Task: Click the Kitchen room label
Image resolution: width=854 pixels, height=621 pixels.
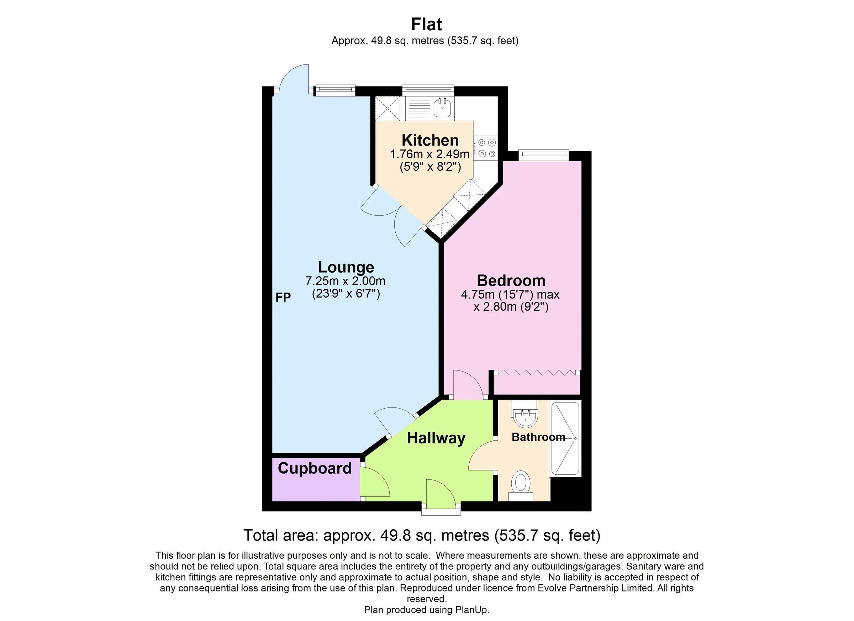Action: (x=430, y=140)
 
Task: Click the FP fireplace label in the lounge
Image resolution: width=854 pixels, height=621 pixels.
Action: (x=283, y=298)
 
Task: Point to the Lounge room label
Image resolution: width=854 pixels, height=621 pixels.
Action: (x=346, y=267)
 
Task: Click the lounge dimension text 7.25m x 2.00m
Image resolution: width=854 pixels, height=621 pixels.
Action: (x=345, y=281)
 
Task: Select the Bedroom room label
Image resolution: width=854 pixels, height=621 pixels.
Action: (x=511, y=280)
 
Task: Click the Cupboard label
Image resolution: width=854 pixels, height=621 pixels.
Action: (x=315, y=468)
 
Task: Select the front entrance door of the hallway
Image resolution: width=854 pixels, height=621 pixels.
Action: (x=441, y=493)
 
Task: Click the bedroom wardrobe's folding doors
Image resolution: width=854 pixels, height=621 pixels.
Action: (x=537, y=373)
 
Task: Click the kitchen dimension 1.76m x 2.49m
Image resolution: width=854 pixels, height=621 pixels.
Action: (x=429, y=154)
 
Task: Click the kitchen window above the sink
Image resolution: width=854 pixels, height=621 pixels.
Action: (x=428, y=89)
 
